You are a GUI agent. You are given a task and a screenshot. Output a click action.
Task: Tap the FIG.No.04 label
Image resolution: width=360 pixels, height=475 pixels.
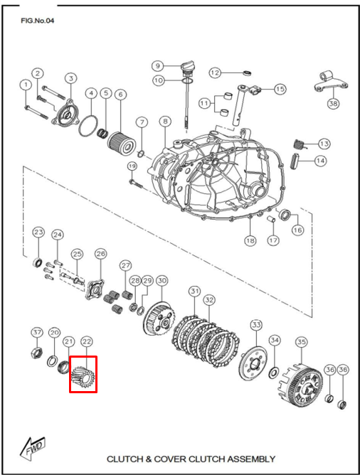pyautogui.click(x=38, y=21)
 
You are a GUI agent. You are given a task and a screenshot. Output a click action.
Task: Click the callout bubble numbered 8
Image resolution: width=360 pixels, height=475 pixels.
pyautogui.click(x=165, y=122)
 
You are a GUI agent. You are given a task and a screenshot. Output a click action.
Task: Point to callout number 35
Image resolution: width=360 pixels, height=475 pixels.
pyautogui.click(x=302, y=342)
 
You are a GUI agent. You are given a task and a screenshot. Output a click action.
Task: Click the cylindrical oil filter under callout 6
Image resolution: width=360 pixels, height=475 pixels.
pyautogui.click(x=121, y=143)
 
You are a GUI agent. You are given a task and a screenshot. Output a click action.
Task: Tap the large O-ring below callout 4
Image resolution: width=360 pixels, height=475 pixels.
pyautogui.click(x=88, y=125)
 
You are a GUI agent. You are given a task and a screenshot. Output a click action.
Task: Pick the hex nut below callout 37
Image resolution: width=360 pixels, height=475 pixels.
pyautogui.click(x=37, y=352)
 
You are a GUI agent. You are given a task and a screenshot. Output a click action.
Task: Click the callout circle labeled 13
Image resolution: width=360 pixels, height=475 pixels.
pyautogui.click(x=324, y=144)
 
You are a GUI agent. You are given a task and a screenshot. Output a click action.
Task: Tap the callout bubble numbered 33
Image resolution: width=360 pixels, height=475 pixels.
pyautogui.click(x=256, y=325)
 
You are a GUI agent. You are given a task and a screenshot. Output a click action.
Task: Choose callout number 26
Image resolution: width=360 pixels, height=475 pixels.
pyautogui.click(x=100, y=253)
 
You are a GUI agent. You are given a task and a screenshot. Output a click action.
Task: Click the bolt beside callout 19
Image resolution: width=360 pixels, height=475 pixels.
pyautogui.click(x=135, y=183)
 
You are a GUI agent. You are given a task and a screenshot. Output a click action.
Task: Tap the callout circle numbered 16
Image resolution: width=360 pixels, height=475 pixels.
pyautogui.click(x=297, y=230)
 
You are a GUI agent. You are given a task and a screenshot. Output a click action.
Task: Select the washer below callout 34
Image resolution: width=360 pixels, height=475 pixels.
pyautogui.click(x=274, y=373)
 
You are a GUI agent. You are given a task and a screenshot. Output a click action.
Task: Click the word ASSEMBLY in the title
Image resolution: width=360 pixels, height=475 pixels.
pyautogui.click(x=251, y=459)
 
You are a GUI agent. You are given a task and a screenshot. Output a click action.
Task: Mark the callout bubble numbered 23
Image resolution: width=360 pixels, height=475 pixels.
pyautogui.click(x=38, y=233)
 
